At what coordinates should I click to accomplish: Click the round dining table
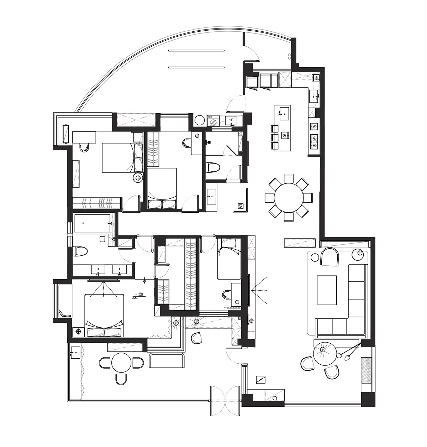(x=289, y=197)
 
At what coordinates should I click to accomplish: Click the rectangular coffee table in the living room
(x=327, y=290)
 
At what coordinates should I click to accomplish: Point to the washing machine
(x=214, y=120)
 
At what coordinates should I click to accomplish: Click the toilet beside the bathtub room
(x=81, y=251)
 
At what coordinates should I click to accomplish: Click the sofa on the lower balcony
(x=167, y=361)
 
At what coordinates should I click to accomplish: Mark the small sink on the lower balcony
(x=75, y=353)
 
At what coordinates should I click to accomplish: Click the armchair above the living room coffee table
(x=330, y=256)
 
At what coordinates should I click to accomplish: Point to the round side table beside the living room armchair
(x=357, y=254)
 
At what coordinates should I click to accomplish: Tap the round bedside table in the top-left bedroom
(x=137, y=177)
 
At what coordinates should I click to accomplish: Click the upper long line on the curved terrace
(x=196, y=51)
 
